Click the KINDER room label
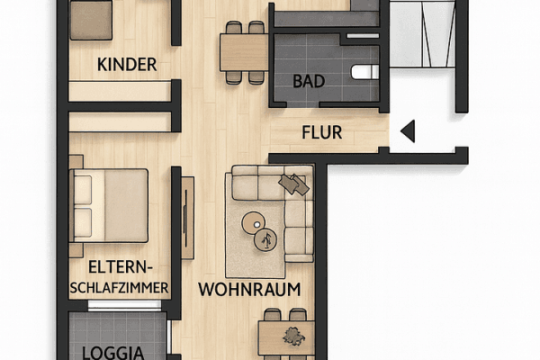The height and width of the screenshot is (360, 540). click(x=127, y=65)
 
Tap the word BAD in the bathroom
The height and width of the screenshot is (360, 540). click(x=309, y=81)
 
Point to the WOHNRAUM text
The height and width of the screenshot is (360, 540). click(x=249, y=290)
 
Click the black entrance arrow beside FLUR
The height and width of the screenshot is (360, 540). click(x=407, y=133)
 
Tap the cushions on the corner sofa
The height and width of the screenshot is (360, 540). click(x=294, y=184)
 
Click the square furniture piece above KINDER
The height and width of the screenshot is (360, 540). click(x=91, y=18)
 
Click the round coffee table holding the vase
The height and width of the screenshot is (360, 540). click(x=267, y=239)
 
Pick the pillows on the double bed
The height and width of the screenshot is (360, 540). click(x=83, y=204)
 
